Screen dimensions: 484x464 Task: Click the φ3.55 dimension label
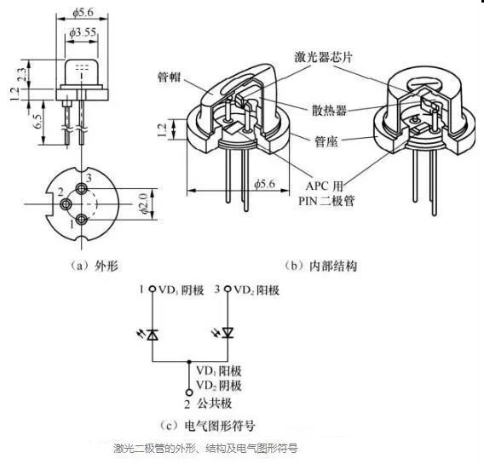pyautogui.click(x=83, y=32)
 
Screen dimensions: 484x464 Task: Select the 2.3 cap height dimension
pyautogui.click(x=22, y=74)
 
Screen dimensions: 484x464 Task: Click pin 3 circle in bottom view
pyautogui.click(x=82, y=188)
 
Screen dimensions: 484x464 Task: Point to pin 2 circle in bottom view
pyautogui.click(x=66, y=203)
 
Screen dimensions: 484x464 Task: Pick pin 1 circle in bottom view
pyautogui.click(x=82, y=220)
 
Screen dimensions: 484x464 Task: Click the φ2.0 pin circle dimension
pyautogui.click(x=143, y=203)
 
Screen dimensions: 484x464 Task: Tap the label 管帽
pyautogui.click(x=170, y=77)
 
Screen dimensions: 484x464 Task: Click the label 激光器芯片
pyautogui.click(x=323, y=57)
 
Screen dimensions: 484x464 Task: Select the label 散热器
pyautogui.click(x=330, y=110)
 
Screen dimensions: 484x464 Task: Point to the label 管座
pyautogui.click(x=326, y=141)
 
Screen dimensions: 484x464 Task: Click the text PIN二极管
pyautogui.click(x=326, y=201)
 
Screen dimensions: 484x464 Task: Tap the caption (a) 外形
pyautogui.click(x=94, y=266)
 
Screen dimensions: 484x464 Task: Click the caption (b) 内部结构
pyautogui.click(x=320, y=266)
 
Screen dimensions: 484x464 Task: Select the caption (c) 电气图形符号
pyautogui.click(x=207, y=426)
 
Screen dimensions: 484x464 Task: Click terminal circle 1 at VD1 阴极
pyautogui.click(x=153, y=289)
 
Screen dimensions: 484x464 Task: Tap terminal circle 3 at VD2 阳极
pyautogui.click(x=228, y=289)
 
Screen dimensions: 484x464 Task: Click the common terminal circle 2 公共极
pyautogui.click(x=189, y=392)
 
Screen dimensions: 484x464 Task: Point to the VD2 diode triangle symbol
pyautogui.click(x=228, y=333)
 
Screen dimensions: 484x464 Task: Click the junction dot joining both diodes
pyautogui.click(x=189, y=361)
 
